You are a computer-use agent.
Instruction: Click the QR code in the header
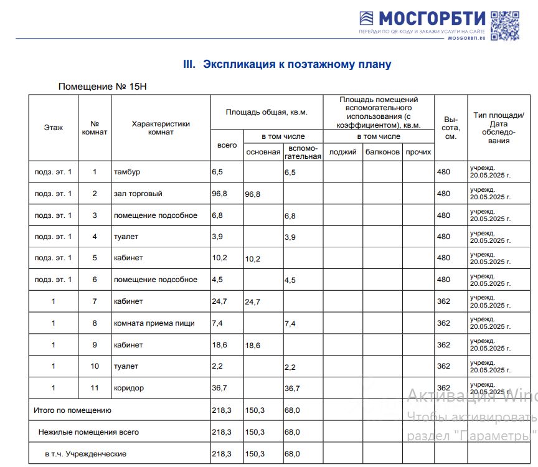coord(504,26)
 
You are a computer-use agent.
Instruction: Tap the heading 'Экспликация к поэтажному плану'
coord(287,64)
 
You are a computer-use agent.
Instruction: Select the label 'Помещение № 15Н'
coord(105,86)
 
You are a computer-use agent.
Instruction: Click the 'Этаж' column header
coord(54,128)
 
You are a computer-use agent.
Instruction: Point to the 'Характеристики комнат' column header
coord(161,128)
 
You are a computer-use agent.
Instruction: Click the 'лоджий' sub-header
coord(342,152)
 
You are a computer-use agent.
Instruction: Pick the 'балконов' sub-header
coord(382,152)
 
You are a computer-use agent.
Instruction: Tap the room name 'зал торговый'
coord(138,194)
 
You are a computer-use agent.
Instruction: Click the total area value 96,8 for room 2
coord(219,194)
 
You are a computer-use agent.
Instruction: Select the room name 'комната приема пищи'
coord(154,323)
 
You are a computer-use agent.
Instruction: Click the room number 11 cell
coord(95,388)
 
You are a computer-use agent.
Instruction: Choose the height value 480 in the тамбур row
coord(443,172)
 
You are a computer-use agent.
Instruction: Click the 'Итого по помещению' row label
coord(72,410)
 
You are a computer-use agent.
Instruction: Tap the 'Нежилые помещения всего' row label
coord(88,432)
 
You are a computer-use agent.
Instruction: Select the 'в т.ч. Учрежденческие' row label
coord(85,454)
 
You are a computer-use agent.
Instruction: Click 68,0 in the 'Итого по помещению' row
coord(292,410)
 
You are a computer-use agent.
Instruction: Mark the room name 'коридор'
coord(128,388)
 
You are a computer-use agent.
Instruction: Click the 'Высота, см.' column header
coord(450,128)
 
